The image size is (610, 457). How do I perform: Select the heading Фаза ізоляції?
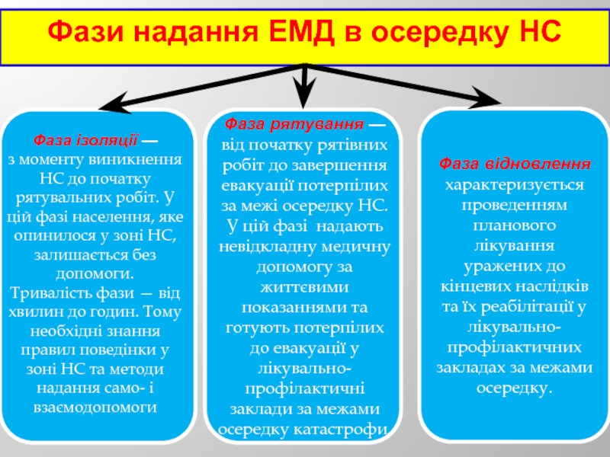pos(85,141)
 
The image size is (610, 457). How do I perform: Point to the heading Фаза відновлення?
pos(515,164)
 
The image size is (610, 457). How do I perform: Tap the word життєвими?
pos(304,288)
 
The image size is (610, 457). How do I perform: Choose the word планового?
pos(515,225)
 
